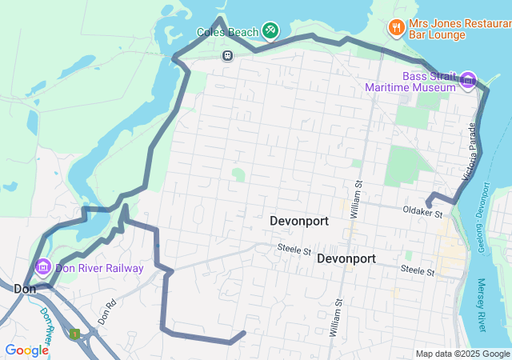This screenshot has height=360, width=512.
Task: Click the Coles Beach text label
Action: tap(228, 32)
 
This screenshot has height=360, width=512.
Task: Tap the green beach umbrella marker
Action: tap(270, 30)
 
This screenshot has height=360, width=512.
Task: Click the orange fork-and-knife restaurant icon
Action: tap(396, 29)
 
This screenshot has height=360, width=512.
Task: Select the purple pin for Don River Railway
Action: tap(43, 266)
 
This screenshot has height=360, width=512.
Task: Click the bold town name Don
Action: tap(23, 288)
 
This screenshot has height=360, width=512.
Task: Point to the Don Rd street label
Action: tap(107, 310)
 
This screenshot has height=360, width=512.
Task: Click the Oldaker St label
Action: tap(422, 214)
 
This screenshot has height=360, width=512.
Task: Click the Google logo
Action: tap(26, 350)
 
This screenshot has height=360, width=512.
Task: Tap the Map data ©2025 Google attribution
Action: tap(462, 354)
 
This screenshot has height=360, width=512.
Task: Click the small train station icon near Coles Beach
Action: tap(227, 55)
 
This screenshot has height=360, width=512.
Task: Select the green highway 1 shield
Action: tap(74, 333)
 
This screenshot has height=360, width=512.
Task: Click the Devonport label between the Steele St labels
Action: tap(346, 258)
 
